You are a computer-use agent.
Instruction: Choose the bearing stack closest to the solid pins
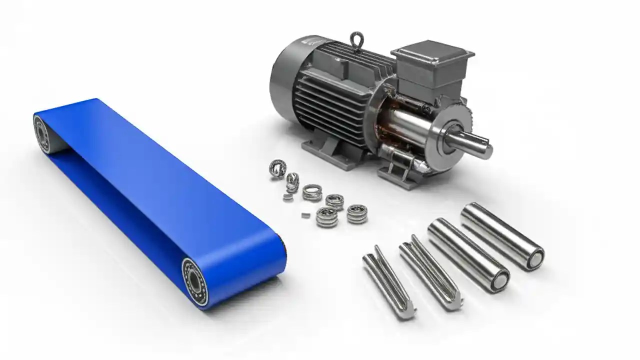[x=356, y=213]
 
